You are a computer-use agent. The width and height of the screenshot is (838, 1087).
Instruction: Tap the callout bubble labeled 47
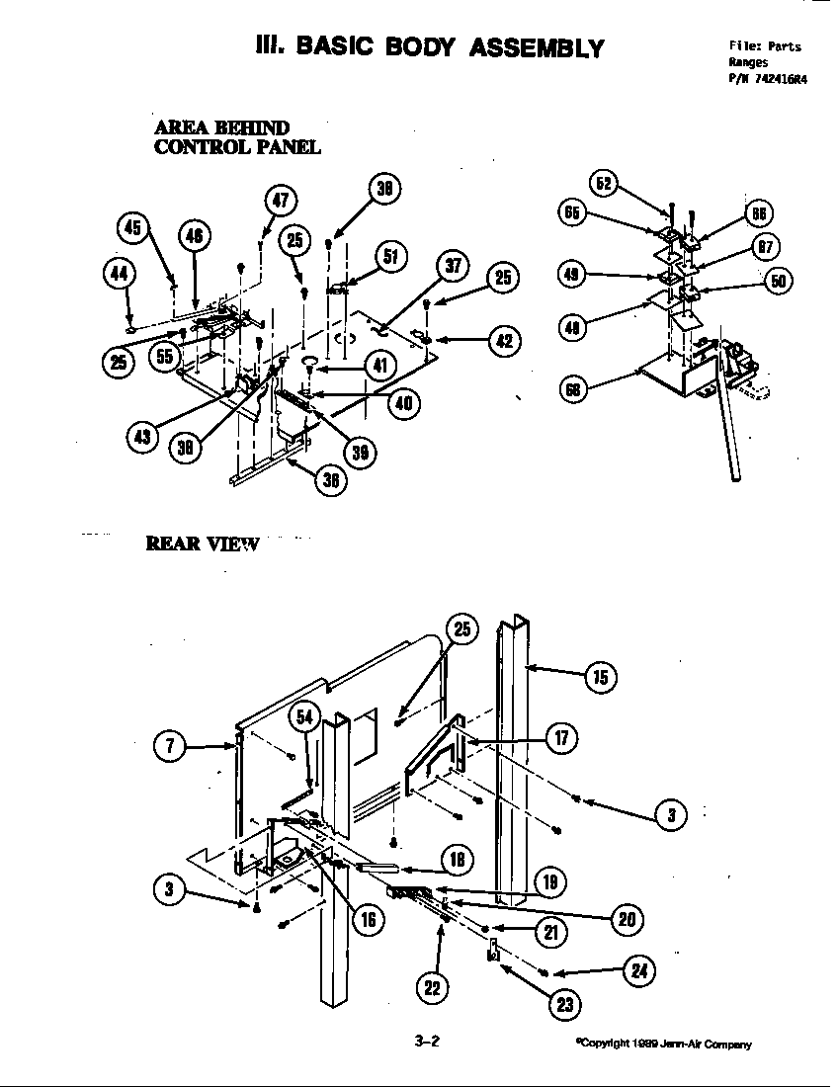pos(281,201)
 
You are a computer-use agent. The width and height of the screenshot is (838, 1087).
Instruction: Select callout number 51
pos(389,257)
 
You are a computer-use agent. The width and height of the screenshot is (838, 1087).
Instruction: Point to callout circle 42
pos(504,341)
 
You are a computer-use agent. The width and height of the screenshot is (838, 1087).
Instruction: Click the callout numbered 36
pos(327,480)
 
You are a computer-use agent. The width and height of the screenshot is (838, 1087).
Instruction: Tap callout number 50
pos(779,281)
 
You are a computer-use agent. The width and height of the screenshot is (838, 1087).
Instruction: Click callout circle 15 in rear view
pos(599,677)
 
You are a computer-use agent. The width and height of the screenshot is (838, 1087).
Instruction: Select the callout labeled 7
pos(170,747)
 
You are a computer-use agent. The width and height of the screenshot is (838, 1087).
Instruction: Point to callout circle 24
pos(638,972)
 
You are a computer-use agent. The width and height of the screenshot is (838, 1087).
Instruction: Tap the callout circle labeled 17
pos(560,738)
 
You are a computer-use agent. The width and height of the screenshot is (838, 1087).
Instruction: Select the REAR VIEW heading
pos(202,543)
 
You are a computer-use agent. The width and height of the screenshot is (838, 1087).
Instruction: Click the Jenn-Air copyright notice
pos(663,1044)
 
